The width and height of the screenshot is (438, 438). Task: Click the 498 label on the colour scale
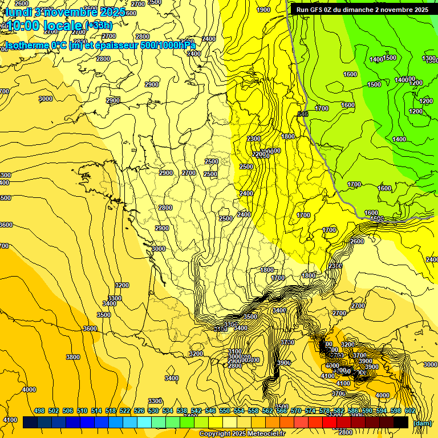tap(39, 411)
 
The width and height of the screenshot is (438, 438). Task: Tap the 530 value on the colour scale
tap(153, 411)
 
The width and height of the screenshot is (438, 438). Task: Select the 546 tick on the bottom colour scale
tap(210, 411)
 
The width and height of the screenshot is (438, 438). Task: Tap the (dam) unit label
tap(422, 423)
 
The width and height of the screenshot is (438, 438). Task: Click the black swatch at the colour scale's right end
tap(401, 422)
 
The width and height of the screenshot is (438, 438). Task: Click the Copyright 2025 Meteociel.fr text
tap(241, 433)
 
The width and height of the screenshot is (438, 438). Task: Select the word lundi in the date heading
tap(18, 11)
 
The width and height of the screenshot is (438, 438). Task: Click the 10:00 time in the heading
tap(24, 26)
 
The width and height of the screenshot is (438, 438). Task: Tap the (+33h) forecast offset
tap(99, 25)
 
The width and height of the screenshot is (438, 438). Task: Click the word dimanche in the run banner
tap(361, 10)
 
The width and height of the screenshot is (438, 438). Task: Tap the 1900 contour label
tap(263, 10)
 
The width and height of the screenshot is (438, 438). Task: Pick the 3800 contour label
tap(73, 357)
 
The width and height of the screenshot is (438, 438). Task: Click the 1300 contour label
tap(429, 59)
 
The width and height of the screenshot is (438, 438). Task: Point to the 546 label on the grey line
tap(303, 115)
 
